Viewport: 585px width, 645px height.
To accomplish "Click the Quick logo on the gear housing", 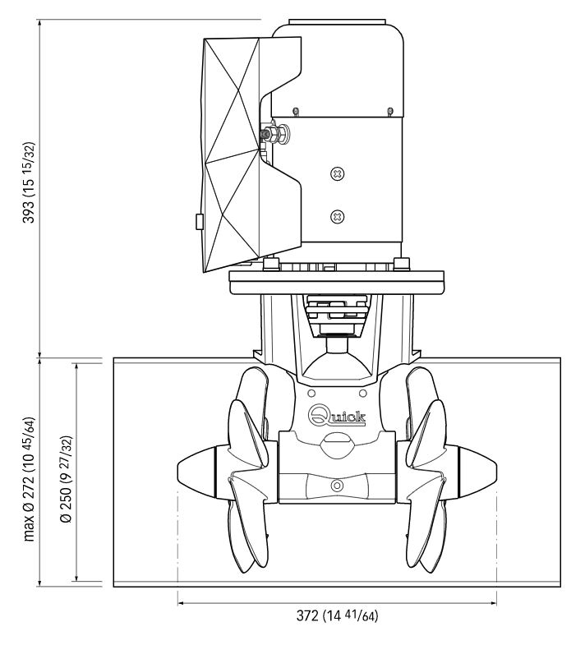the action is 337,416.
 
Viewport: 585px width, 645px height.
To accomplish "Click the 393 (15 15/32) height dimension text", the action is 29,182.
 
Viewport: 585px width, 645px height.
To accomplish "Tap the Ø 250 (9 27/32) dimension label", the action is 67,479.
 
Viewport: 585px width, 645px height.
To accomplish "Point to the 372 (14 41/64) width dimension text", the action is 337,615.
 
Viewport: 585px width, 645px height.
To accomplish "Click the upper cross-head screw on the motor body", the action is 338,174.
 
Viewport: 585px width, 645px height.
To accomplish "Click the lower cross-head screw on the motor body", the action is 338,216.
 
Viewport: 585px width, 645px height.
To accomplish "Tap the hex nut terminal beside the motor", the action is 274,134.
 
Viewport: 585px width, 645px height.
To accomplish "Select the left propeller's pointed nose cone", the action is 196,470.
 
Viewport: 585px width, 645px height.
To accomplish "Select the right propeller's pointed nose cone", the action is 477,470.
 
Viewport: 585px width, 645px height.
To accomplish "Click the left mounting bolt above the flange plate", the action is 271,264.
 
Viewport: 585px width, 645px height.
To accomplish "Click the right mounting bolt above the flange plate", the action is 402,264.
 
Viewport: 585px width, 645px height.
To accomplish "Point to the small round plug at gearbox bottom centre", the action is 337,486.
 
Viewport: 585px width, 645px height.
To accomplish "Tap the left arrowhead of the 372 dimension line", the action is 182,603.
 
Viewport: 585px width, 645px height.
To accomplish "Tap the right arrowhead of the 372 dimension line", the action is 493,603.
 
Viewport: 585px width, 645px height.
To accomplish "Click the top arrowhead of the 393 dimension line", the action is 39,24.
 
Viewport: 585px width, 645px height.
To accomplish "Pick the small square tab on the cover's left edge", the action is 199,221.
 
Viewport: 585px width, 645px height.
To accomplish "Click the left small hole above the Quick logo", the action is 311,394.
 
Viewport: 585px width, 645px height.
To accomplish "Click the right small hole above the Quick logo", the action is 362,394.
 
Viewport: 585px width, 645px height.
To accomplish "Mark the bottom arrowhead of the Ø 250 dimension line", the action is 76,577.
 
